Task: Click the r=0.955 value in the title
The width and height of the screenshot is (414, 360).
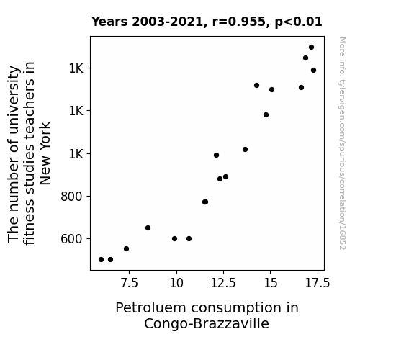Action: (x=238, y=22)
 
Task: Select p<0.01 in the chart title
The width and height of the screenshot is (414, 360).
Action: (x=298, y=22)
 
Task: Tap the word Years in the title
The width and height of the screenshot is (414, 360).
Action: (x=109, y=22)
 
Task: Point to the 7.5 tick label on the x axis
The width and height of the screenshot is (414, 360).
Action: (x=129, y=283)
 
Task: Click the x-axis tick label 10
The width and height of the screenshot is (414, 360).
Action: (x=176, y=283)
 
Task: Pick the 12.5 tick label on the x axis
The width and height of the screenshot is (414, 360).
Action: (x=223, y=283)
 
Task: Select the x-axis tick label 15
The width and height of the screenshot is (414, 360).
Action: (x=271, y=283)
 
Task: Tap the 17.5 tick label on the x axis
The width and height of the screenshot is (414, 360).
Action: (x=318, y=283)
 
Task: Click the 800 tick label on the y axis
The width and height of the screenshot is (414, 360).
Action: (x=71, y=197)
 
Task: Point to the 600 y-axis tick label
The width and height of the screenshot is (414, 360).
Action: (x=71, y=239)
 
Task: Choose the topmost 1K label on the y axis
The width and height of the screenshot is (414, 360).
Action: (x=76, y=68)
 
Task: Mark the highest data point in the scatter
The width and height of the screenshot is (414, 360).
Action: (x=311, y=48)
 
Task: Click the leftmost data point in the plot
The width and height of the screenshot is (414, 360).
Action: (x=101, y=260)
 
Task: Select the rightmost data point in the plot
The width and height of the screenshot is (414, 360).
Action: (x=313, y=71)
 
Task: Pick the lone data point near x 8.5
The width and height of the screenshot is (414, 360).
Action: (x=148, y=228)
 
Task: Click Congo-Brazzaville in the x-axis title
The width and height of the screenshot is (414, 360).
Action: (x=207, y=323)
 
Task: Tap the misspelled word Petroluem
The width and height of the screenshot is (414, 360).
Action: (x=150, y=308)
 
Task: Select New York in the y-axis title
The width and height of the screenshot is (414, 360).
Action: (x=45, y=153)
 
